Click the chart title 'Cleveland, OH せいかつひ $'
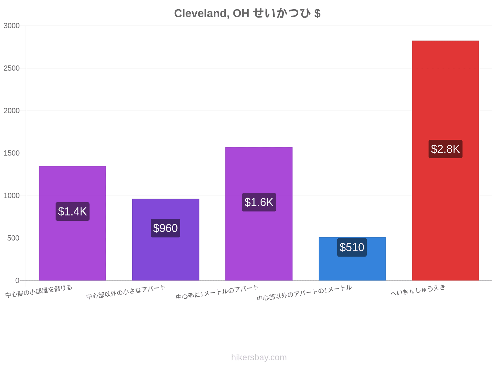[247, 13]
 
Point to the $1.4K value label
[72, 211]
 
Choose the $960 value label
[165, 228]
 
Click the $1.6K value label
[259, 202]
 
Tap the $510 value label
[352, 247]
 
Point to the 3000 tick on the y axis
[11, 26]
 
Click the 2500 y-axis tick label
[11, 68]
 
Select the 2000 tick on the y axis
[11, 111]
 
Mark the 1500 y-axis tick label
[11, 153]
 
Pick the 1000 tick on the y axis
[11, 195]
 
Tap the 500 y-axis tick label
[13, 238]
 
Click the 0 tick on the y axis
[17, 280]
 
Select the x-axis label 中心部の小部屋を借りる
[39, 291]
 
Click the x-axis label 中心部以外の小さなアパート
[126, 292]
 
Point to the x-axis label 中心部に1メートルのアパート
[217, 292]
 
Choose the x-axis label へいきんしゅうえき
[418, 290]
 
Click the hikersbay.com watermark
[259, 357]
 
